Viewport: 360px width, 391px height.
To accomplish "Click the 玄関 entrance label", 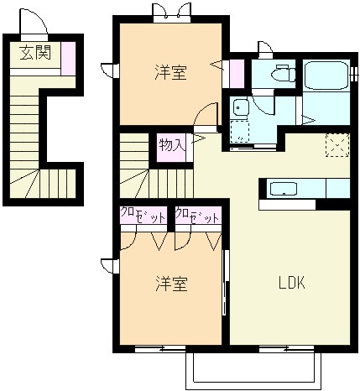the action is [35, 52].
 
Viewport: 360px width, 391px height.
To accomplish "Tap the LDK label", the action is [292, 283].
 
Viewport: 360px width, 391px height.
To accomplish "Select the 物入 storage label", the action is [172, 145].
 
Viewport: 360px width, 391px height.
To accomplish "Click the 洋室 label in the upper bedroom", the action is [170, 72].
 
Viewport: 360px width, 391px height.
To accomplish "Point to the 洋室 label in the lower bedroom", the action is [171, 284].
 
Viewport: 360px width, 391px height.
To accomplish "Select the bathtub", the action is [326, 76].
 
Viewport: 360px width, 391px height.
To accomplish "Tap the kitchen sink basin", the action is [284, 189].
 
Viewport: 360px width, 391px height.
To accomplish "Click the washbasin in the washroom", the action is [241, 108].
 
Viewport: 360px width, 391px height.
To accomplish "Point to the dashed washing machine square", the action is [240, 132].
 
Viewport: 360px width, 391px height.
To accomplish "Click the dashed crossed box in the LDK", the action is [337, 145].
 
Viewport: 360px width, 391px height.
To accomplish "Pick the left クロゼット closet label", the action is [143, 215].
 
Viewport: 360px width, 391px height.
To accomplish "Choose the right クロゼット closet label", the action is [197, 215].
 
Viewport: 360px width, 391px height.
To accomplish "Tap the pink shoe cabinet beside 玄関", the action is [69, 59].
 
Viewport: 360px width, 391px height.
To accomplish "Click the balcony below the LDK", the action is [253, 368].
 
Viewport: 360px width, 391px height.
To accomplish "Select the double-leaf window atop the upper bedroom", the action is [172, 13].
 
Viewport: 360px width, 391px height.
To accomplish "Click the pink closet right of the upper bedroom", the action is [237, 73].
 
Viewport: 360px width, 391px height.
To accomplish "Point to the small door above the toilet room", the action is [265, 50].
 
